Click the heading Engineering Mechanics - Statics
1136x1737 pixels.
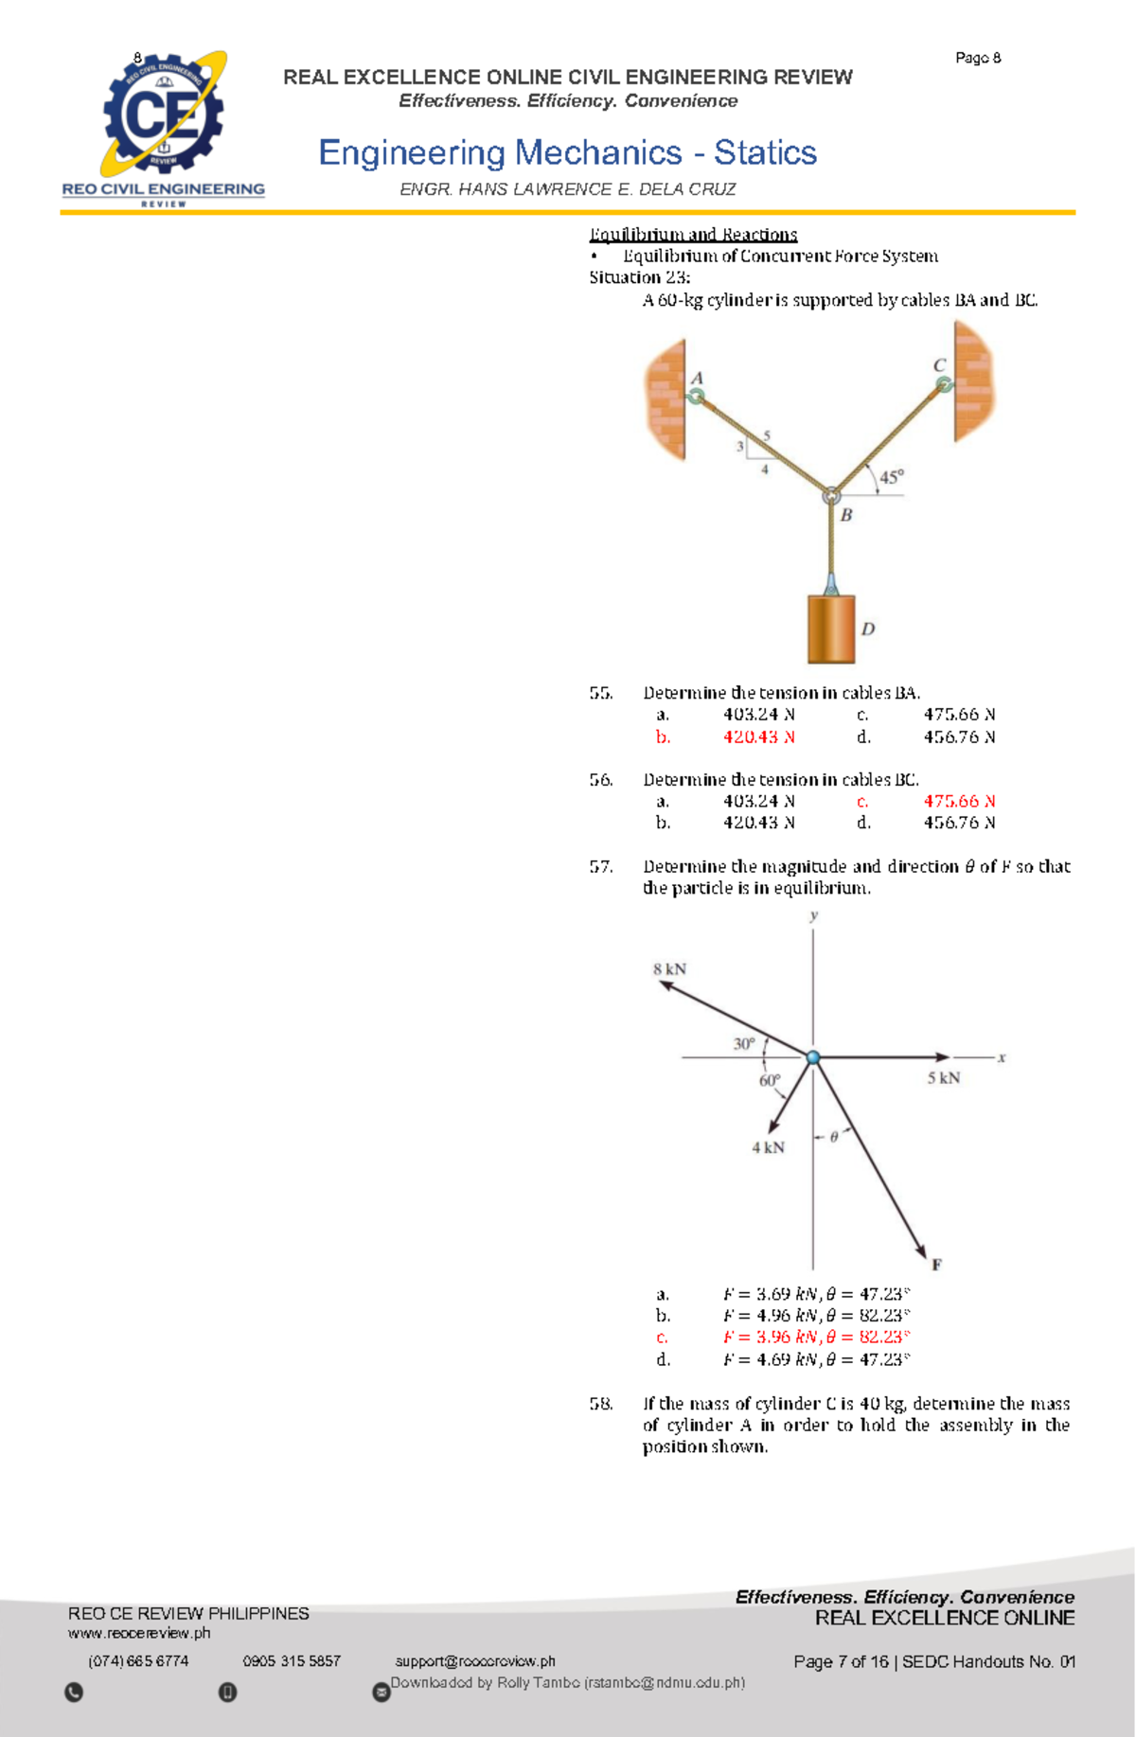pos(567,152)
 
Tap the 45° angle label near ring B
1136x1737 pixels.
pos(891,477)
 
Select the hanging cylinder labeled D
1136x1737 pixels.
pos(831,629)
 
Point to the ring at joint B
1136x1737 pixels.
pos(831,495)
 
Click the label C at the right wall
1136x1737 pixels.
pos(939,365)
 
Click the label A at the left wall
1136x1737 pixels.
pos(697,378)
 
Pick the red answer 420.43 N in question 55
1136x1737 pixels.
pos(758,736)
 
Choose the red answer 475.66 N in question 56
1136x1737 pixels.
pos(958,801)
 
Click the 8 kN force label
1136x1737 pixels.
pos(669,968)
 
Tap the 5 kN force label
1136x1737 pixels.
pos(943,1078)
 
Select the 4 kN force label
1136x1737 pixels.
pos(768,1147)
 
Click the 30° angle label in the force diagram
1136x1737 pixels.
pos(744,1043)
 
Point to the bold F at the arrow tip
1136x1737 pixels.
pos(936,1265)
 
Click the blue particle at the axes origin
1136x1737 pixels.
pos(813,1057)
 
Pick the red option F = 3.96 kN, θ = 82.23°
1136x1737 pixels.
pos(816,1337)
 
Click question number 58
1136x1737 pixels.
pos(601,1403)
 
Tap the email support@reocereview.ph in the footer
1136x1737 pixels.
pos(475,1661)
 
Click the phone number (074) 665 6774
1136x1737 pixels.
pos(138,1661)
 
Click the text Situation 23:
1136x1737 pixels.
pos(639,277)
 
